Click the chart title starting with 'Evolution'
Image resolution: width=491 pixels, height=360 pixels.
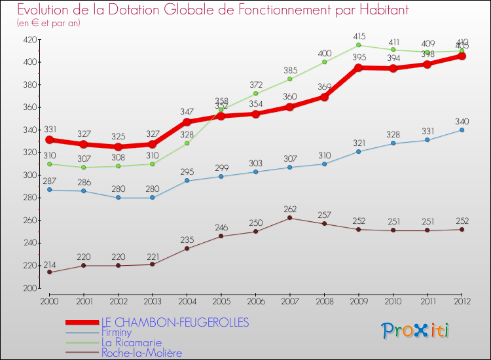204,10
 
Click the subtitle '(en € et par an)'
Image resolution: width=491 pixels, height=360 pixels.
49,24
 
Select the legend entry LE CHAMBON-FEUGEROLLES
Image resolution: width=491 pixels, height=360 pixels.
175,322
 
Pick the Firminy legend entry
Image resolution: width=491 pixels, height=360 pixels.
117,333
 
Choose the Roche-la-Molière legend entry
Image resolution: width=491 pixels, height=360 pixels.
141,353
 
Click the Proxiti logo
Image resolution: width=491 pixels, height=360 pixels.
415,331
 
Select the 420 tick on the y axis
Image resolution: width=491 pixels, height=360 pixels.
29,40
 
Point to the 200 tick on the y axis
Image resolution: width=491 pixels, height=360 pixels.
29,289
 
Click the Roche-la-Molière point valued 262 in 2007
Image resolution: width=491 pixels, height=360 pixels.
290,218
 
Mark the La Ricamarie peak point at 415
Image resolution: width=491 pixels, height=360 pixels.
359,45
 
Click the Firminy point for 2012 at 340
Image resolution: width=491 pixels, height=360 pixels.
462,130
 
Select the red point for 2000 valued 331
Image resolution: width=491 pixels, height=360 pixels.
49,140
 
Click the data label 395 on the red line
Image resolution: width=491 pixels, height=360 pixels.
359,58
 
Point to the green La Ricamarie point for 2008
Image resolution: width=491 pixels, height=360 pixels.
325,62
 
